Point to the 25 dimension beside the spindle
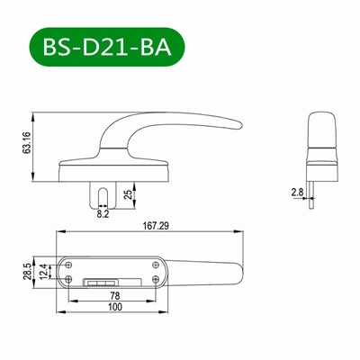click(127, 193)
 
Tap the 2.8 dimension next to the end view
click(297, 192)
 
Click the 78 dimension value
click(114, 295)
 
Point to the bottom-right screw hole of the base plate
click(157, 279)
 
